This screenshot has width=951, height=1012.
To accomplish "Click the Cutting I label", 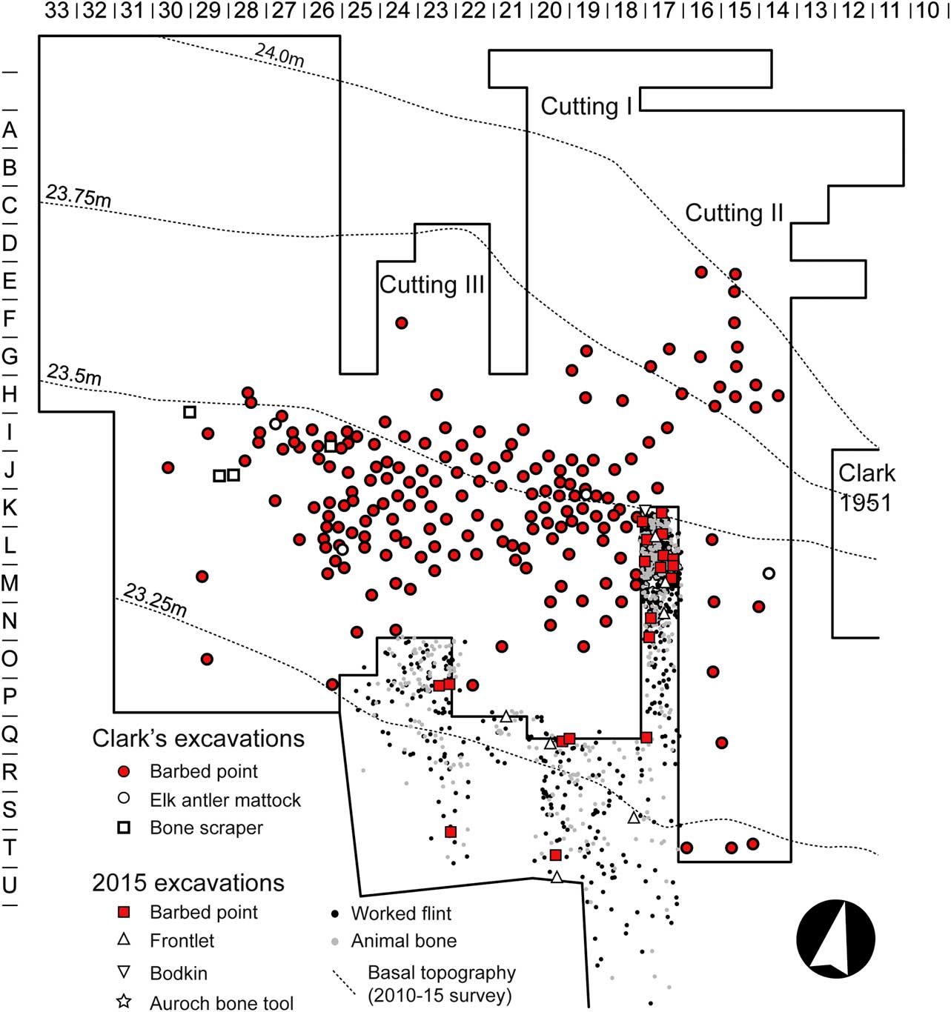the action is [586, 107].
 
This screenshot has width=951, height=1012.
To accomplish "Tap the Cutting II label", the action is [734, 213].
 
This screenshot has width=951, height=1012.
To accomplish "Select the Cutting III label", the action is [431, 284].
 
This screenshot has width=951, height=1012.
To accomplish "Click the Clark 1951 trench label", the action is [866, 487].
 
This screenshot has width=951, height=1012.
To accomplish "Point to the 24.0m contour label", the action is [279, 54].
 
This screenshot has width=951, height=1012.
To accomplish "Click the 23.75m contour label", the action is [78, 195].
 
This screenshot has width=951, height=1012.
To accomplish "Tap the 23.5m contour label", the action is [74, 374].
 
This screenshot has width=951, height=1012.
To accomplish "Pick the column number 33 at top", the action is [56, 10].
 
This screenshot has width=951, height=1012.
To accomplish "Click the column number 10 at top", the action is [927, 10].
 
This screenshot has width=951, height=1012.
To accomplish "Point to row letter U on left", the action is [10, 885].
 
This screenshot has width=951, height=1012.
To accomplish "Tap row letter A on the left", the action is [10, 130].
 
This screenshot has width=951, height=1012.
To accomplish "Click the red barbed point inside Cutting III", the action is [401, 322].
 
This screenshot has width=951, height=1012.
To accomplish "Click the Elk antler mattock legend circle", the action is [123, 798].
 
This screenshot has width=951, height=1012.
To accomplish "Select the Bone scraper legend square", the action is [123, 828].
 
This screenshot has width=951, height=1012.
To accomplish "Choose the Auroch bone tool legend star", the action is [123, 1002].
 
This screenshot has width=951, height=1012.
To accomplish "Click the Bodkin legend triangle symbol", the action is [123, 972].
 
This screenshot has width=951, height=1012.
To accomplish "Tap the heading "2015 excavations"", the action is [188, 883].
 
